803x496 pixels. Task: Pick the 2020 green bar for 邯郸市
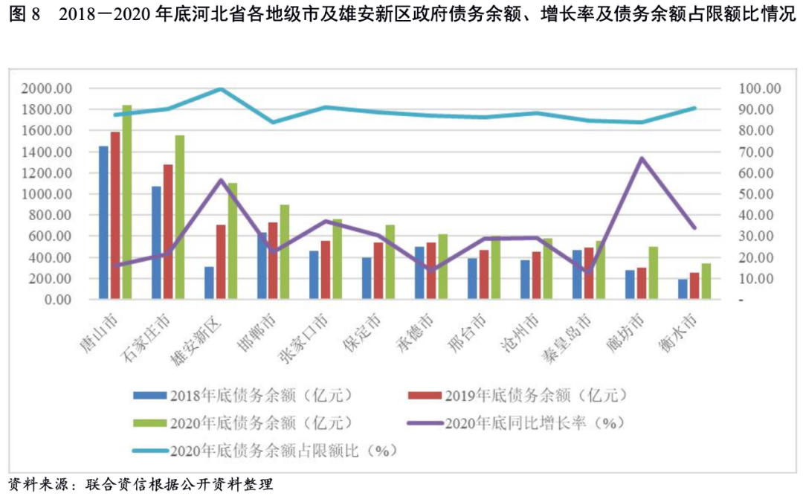(285, 252)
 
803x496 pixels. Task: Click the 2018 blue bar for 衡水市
(683, 289)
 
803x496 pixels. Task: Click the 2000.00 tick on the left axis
(46, 88)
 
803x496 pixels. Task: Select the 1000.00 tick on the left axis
(46, 194)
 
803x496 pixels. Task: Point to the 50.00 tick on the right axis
(756, 194)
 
